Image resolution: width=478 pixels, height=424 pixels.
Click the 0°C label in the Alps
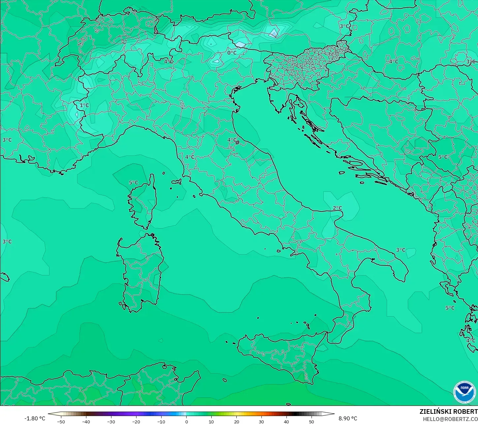click(232, 53)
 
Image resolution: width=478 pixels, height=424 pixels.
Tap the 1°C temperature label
click(84, 105)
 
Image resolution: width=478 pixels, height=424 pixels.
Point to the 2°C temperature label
click(337, 208)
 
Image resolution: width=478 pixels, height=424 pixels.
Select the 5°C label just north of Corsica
click(134, 183)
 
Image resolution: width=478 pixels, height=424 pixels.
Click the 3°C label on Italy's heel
click(401, 250)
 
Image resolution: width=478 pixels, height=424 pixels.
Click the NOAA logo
click(464, 392)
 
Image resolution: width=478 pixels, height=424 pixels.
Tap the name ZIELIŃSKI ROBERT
click(448, 411)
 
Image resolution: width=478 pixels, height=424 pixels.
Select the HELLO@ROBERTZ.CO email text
click(450, 419)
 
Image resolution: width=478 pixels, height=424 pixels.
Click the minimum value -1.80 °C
click(35, 418)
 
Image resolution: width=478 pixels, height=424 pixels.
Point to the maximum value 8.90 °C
click(348, 418)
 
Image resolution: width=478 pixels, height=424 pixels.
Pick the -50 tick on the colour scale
click(61, 421)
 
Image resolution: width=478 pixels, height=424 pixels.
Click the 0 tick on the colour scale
click(186, 421)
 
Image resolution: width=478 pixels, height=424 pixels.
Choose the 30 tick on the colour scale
click(261, 421)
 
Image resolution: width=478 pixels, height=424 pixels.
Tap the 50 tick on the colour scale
click(312, 421)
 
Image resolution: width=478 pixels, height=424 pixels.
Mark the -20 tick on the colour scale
click(136, 421)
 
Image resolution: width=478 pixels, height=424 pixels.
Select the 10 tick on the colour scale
click(211, 421)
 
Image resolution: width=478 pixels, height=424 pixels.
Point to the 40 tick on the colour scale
click(286, 421)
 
